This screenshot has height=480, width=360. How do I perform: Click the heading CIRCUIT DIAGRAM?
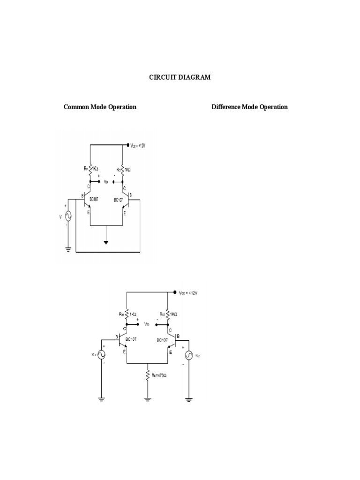pyautogui.click(x=180, y=77)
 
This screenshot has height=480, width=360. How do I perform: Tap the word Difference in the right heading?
pyautogui.click(x=226, y=107)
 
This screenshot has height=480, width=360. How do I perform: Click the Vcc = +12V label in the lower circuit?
pyautogui.click(x=188, y=293)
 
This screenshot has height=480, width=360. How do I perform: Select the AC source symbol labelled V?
pyautogui.click(x=68, y=216)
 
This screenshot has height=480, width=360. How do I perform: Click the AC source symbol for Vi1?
pyautogui.click(x=101, y=355)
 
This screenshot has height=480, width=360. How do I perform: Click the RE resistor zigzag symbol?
pyautogui.click(x=148, y=375)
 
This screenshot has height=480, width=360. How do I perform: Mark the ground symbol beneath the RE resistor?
pyautogui.click(x=148, y=399)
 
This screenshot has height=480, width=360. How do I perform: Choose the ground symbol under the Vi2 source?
pyautogui.click(x=188, y=400)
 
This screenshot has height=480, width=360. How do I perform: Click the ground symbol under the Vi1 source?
pyautogui.click(x=101, y=400)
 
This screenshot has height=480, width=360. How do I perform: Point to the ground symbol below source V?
pyautogui.click(x=68, y=250)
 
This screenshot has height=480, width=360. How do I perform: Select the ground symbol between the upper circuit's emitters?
pyautogui.click(x=107, y=242)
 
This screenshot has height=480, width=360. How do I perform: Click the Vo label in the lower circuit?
pyautogui.click(x=147, y=324)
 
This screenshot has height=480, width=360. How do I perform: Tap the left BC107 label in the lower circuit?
pyautogui.click(x=131, y=339)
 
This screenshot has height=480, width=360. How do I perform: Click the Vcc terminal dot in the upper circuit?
pyautogui.click(x=128, y=145)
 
